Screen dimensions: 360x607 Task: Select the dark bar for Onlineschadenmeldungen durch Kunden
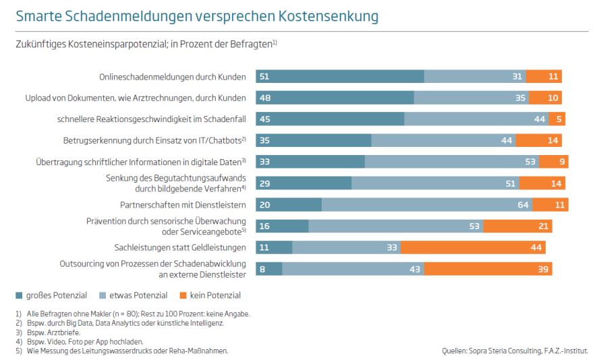340,77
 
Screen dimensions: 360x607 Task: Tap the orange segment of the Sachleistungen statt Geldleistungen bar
473,247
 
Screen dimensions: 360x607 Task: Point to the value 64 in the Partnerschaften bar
523,205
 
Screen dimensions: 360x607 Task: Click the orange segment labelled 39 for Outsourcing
488,269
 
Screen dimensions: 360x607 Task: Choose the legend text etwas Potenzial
132,295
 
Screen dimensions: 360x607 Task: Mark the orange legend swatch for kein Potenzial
183,295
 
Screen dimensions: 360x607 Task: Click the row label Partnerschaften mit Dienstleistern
183,205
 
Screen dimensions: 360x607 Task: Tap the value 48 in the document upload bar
265,98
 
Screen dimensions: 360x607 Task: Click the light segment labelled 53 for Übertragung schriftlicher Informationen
452,162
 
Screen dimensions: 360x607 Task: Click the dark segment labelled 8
269,269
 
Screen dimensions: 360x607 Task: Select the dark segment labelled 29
303,183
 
